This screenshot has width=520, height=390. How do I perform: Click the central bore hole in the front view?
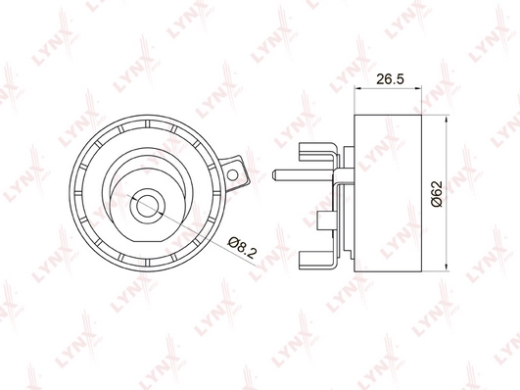(146, 206)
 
